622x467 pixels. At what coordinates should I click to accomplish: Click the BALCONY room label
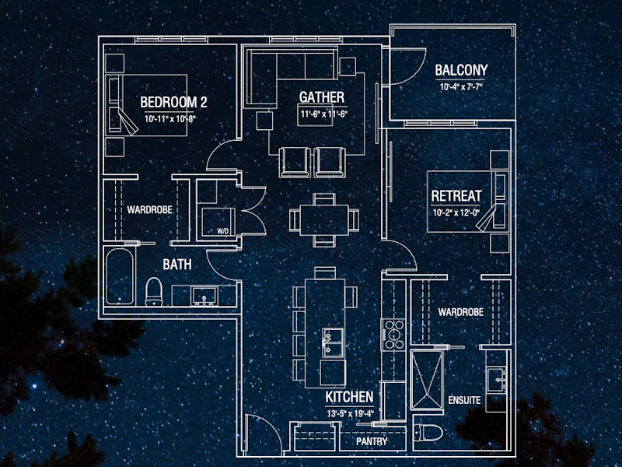pos(461,70)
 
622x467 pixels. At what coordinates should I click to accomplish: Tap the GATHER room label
pos(322,97)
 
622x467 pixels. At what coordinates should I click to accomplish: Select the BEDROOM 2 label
pos(173,103)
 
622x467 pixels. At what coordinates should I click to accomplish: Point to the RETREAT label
pos(456,196)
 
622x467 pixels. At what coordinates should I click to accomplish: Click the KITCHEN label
pos(349,397)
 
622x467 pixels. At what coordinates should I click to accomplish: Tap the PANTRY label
pos(372,441)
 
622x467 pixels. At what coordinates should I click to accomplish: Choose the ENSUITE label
pos(464,400)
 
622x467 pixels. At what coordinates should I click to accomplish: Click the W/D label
pos(223,231)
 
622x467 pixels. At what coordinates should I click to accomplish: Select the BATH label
pos(177,265)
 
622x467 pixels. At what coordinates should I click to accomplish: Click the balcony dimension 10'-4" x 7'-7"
pos(461,86)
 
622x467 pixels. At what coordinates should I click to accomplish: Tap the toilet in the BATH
pos(154,291)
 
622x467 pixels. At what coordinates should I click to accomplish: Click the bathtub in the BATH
pos(120,276)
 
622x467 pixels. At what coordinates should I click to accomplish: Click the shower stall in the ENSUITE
pos(427,380)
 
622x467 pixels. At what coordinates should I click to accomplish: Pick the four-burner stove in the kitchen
pos(393,335)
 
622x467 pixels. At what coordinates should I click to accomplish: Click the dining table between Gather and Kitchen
pos(324,220)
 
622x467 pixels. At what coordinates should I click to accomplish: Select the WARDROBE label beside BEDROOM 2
pos(149,209)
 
